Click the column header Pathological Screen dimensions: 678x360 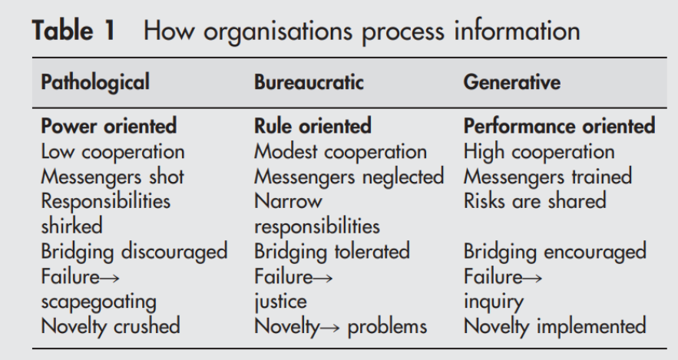(x=95, y=83)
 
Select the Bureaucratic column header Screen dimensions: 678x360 (x=309, y=82)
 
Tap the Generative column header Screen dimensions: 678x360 (x=512, y=82)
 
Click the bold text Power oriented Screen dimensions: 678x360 (x=108, y=126)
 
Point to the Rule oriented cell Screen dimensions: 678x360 (x=313, y=126)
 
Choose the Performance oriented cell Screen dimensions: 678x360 (x=560, y=126)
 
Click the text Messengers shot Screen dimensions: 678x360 (x=112, y=177)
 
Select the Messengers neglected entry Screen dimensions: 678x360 (x=349, y=177)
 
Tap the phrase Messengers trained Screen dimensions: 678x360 (x=547, y=177)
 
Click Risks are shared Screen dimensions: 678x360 (x=535, y=201)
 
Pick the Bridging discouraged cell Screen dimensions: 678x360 (x=134, y=252)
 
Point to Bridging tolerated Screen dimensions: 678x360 (x=332, y=252)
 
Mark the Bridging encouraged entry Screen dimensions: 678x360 (x=555, y=252)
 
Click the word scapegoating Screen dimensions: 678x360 (x=98, y=302)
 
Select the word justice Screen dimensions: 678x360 (x=280, y=302)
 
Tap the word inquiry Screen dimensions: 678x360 (x=494, y=302)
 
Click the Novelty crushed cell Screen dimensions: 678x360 (x=111, y=327)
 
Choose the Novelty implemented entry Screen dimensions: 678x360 (x=555, y=327)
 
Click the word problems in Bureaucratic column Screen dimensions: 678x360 (x=387, y=327)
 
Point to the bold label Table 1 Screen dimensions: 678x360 (x=74, y=31)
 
